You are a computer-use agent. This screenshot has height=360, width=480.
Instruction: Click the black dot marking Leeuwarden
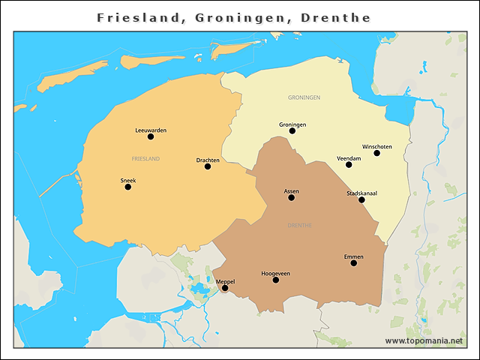point(151,136)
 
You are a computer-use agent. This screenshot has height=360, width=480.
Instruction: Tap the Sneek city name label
point(128,180)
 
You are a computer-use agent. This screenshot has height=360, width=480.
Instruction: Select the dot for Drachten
point(208,166)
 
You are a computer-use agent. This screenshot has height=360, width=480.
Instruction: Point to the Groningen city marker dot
point(292,131)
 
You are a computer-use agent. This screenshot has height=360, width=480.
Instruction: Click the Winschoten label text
point(376,146)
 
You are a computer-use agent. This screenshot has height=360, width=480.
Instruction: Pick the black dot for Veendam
point(349,164)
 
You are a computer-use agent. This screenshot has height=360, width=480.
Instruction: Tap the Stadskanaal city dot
point(361,199)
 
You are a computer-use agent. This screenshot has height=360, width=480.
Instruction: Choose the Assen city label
point(291,191)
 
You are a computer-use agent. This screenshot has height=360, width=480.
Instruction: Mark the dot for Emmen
point(353,262)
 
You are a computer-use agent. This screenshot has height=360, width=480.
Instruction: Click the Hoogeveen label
point(275,273)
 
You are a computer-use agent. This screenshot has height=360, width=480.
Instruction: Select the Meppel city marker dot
point(225,288)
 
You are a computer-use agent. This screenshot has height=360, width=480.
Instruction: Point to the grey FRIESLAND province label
point(145,159)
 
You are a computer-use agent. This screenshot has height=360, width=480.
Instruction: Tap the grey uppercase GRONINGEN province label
point(304,97)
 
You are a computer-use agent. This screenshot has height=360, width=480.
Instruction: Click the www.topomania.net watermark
point(424,340)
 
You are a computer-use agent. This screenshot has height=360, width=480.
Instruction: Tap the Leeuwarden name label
point(151,130)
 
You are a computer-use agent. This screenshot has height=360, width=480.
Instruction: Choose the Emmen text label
point(353,256)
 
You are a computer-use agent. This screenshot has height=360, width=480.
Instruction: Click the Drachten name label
point(208,160)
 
